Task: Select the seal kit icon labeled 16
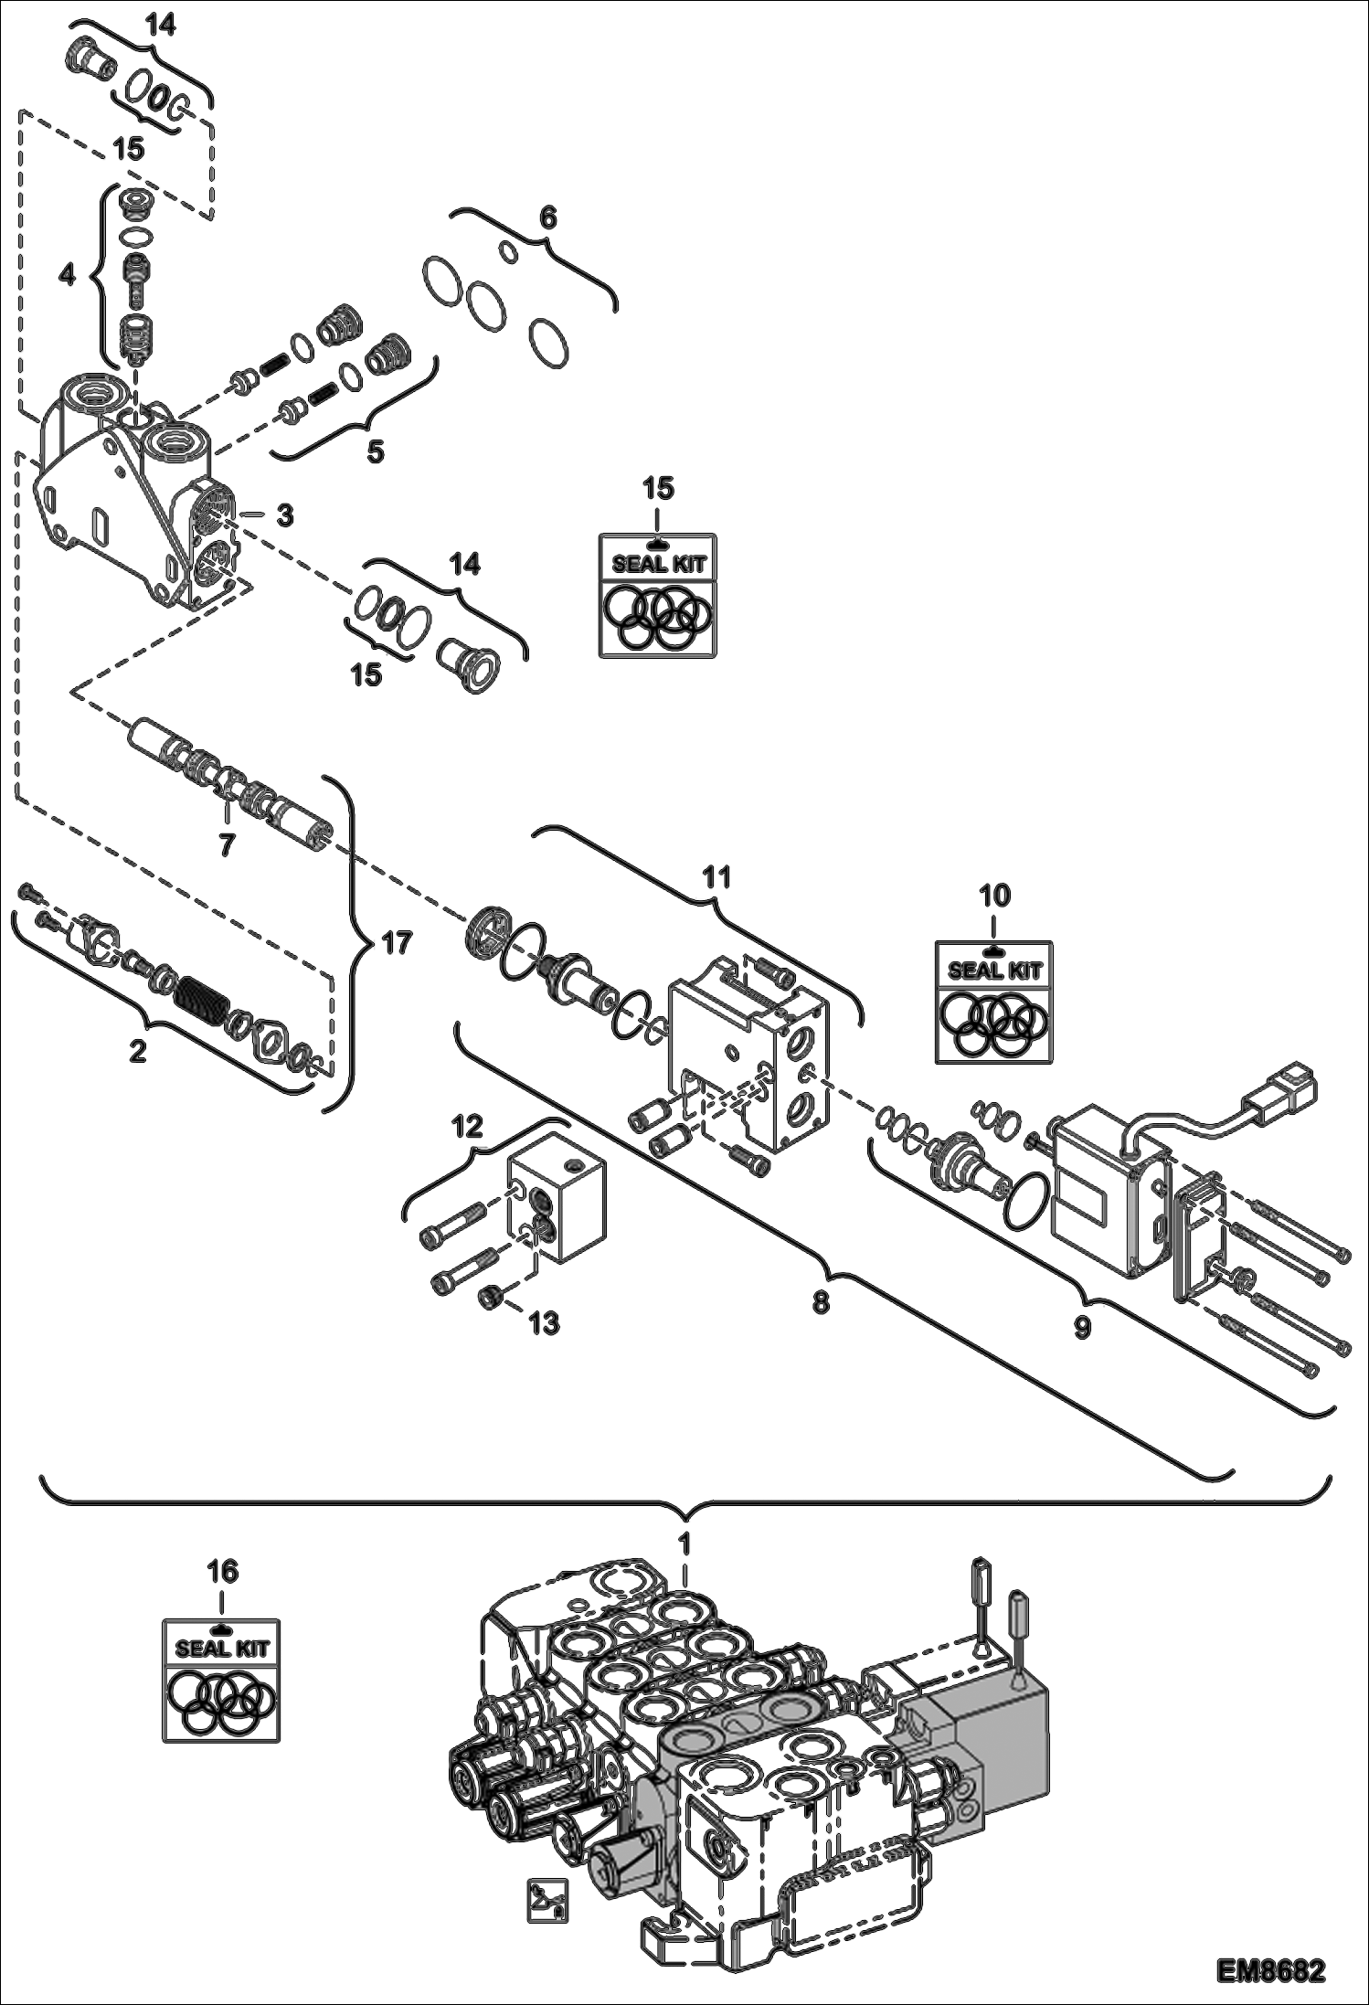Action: tap(221, 1679)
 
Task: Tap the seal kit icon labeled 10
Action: tap(993, 1002)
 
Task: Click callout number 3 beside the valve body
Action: tap(285, 515)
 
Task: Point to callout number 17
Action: tap(396, 942)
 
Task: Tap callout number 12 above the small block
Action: tap(467, 1127)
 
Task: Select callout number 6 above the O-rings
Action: tap(547, 217)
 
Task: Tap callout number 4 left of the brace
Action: tap(67, 275)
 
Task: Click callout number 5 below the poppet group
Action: tap(375, 451)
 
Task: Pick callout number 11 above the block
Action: tap(716, 877)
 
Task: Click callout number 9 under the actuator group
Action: tap(1082, 1328)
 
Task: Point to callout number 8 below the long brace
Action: tap(821, 1301)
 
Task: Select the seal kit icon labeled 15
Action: tap(658, 595)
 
